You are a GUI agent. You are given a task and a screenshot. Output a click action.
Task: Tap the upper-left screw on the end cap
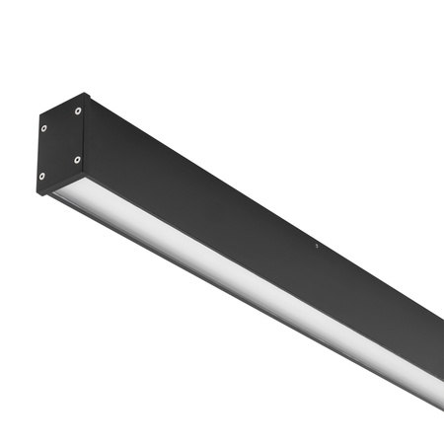pos(44,126)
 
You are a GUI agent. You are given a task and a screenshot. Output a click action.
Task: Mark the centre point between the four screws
pos(61,143)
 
